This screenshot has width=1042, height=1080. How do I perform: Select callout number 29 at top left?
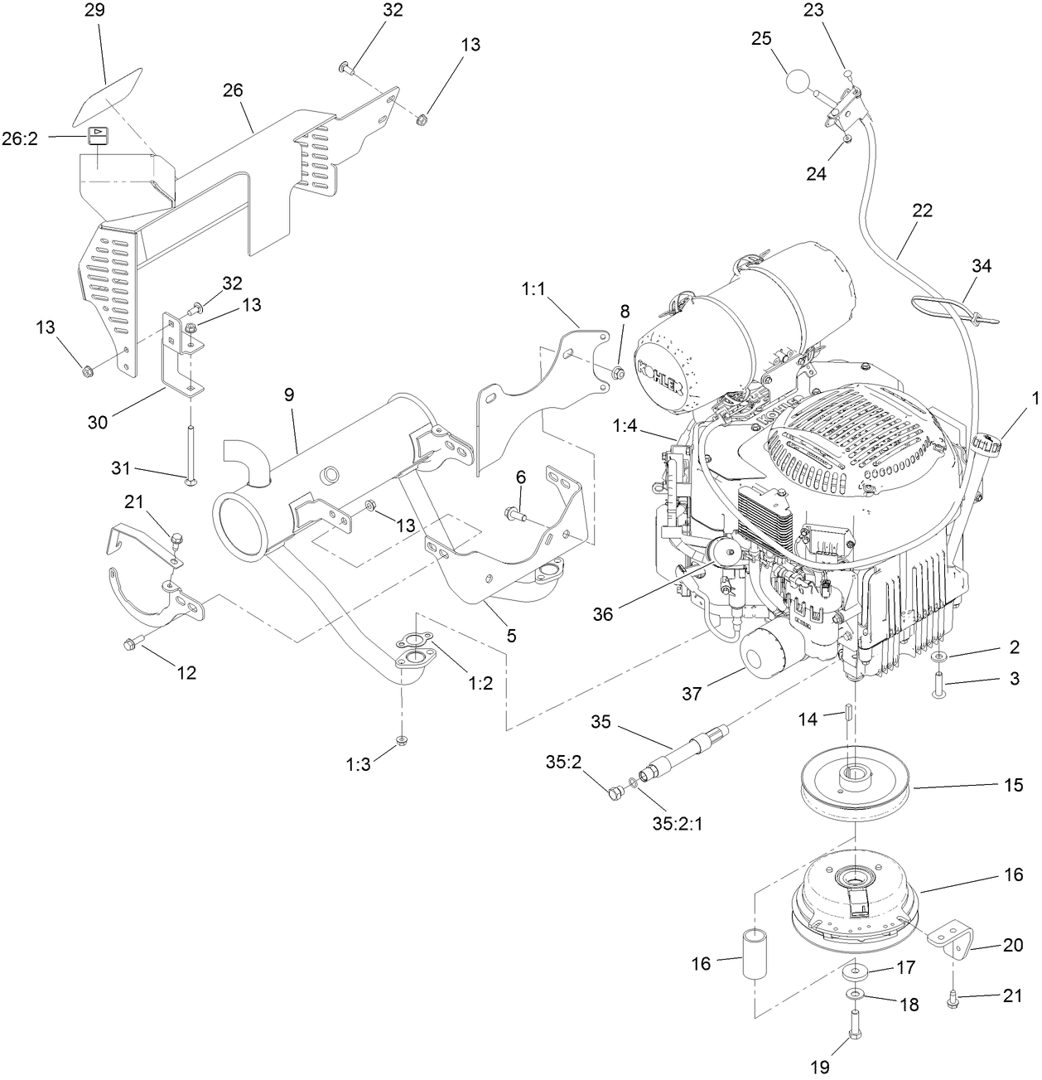(x=96, y=12)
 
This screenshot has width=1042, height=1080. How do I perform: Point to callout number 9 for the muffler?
(x=289, y=395)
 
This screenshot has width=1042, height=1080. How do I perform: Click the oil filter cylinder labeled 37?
(x=766, y=656)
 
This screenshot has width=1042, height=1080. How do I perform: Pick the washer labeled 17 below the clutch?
(x=854, y=971)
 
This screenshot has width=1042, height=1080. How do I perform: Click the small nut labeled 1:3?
(x=401, y=740)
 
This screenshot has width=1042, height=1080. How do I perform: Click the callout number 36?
(x=604, y=613)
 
